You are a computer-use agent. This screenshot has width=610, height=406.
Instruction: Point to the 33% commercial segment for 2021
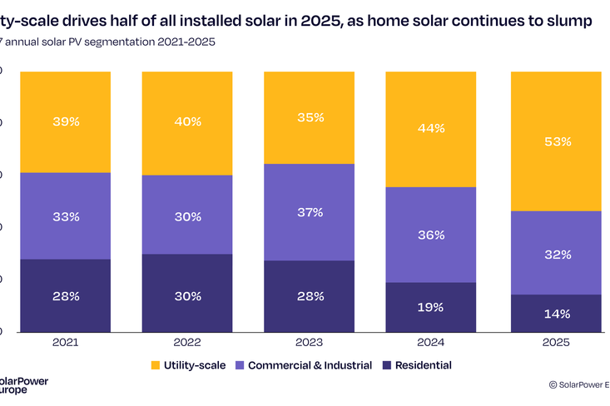click(x=66, y=216)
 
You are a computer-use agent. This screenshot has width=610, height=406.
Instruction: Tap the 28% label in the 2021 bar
click(x=66, y=296)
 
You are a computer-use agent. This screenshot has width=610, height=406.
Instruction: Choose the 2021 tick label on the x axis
click(x=66, y=342)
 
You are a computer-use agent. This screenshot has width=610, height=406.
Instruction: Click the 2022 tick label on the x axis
click(x=187, y=342)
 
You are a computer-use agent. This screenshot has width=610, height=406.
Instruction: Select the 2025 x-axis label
click(x=557, y=342)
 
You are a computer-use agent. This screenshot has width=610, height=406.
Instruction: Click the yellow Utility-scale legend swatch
click(x=156, y=365)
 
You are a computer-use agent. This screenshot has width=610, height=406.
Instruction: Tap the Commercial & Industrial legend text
click(x=307, y=365)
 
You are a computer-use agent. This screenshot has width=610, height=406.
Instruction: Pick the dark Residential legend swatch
click(x=387, y=365)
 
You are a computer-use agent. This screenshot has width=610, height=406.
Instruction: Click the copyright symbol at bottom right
click(x=553, y=384)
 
